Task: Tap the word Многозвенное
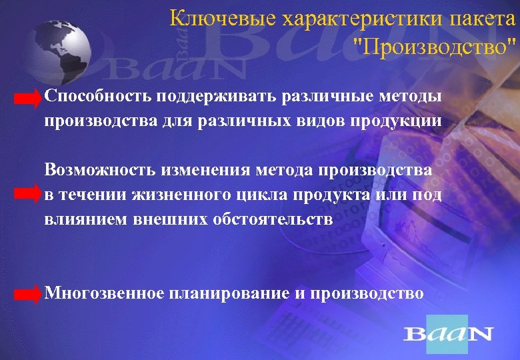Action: (105, 293)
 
